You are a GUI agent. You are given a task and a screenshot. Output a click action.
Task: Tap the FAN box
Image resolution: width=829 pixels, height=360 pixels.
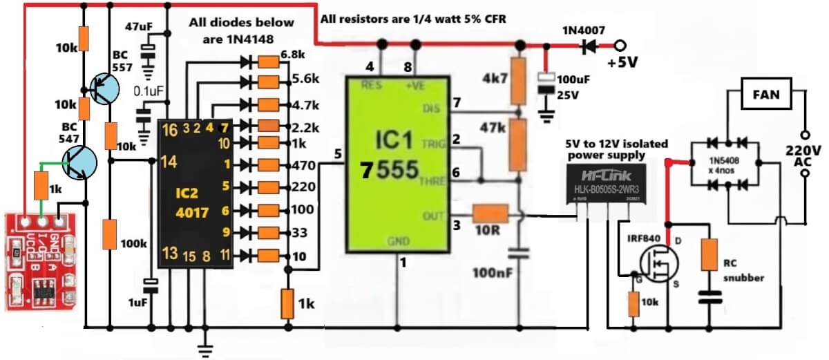tap(766, 95)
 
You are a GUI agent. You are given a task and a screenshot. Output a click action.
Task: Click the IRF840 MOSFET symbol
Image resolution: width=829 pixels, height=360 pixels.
tap(656, 262)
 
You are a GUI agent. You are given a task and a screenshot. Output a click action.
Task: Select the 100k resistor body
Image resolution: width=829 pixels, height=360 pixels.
tap(110, 234)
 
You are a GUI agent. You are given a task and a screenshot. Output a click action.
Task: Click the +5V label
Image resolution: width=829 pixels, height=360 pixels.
tap(622, 62)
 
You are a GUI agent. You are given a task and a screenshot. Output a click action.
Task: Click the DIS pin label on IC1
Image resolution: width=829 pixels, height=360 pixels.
tap(430, 108)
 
